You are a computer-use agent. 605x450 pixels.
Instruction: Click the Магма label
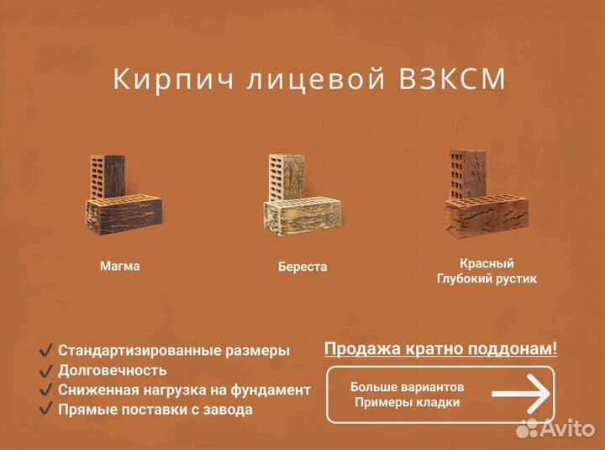coord(120,266)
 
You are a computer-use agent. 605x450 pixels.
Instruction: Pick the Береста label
coord(302,267)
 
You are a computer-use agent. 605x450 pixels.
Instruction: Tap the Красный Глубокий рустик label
coord(487,271)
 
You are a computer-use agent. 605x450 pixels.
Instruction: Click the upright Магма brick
coord(108,177)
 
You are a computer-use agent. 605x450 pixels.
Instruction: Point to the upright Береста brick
coord(286,176)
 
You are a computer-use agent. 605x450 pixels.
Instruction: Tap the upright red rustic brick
coord(466,172)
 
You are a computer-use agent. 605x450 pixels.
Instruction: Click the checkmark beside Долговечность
coord(46,370)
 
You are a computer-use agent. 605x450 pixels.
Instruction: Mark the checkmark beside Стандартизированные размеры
coord(46,350)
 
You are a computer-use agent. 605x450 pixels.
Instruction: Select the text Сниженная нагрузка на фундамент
coord(184,390)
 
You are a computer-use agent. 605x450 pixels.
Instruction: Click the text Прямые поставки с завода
coord(155,410)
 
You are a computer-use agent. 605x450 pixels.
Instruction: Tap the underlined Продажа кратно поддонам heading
coord(440,348)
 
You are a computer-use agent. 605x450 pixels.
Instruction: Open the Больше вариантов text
coord(407,388)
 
